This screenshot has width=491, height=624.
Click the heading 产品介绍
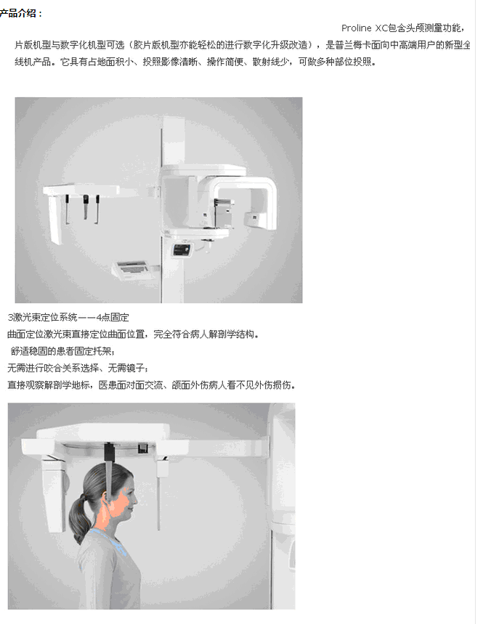(20, 13)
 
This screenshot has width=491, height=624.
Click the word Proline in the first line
(357, 28)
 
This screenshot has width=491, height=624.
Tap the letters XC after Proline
(382, 28)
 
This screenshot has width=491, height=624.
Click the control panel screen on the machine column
(181, 249)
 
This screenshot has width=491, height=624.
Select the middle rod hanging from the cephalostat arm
(85, 206)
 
